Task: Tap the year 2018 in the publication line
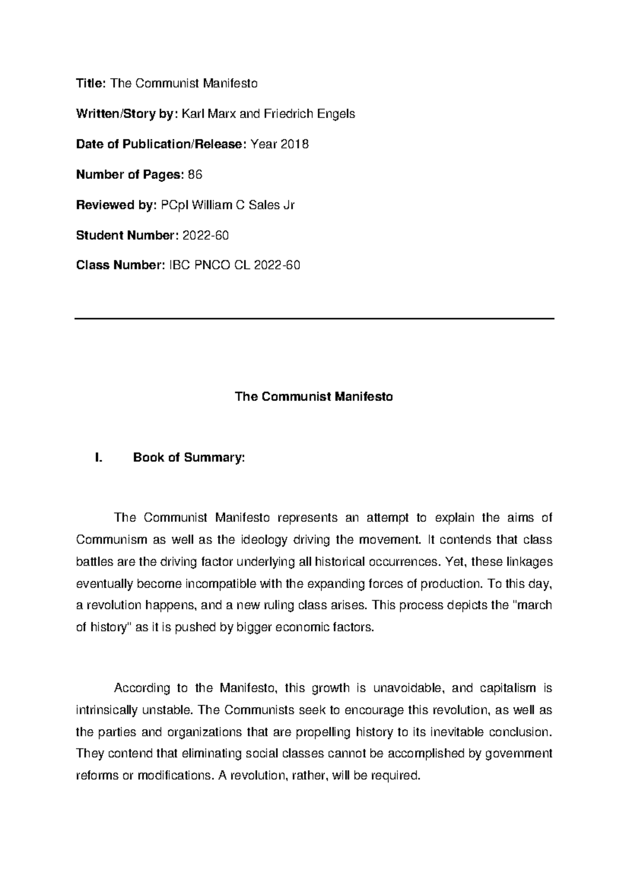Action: tap(295, 144)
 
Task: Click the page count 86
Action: tap(195, 175)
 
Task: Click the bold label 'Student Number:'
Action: tap(127, 235)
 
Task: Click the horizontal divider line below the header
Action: tap(314, 318)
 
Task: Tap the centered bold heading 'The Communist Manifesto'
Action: tap(314, 397)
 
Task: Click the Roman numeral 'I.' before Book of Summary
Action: tap(97, 458)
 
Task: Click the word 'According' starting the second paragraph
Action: tap(142, 688)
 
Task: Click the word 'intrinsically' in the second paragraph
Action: tap(106, 710)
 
